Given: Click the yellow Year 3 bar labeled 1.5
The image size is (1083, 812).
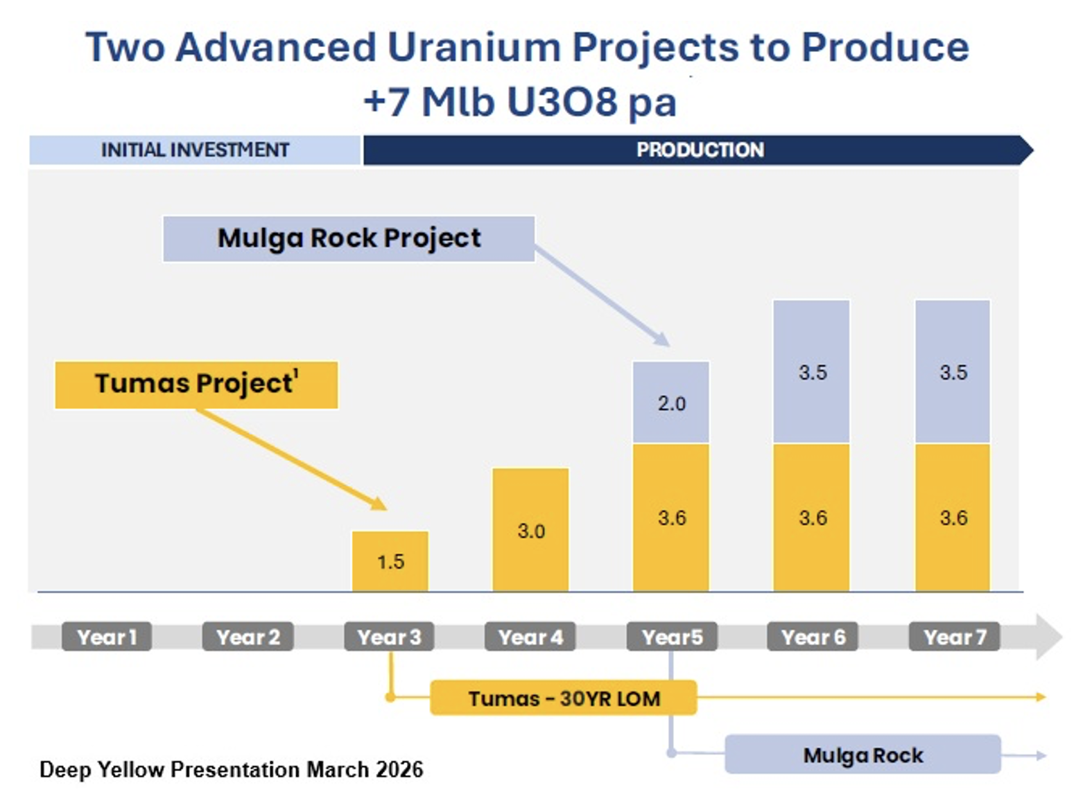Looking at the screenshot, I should [x=390, y=561].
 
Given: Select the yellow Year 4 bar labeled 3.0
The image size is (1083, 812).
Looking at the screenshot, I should [x=530, y=530].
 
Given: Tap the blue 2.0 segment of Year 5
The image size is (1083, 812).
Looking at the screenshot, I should [x=671, y=403].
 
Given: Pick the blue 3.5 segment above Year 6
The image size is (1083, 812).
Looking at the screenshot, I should [x=812, y=372].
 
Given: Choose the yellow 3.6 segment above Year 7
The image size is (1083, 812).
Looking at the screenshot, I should [x=953, y=518].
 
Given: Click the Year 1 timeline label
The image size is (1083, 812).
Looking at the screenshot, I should [x=107, y=637].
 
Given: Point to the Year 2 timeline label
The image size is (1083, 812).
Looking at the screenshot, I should [x=248, y=637].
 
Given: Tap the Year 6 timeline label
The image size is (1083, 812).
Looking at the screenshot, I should [x=813, y=637].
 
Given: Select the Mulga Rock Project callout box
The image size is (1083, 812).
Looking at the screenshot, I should [x=349, y=238].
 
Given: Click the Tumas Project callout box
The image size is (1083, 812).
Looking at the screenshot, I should [x=196, y=385].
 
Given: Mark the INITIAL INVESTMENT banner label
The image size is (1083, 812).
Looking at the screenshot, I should [x=195, y=150].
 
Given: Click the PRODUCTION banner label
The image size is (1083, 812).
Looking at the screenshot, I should [x=700, y=150].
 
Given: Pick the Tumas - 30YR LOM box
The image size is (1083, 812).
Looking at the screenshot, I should [x=563, y=698].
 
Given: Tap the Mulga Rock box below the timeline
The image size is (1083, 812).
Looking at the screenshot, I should [x=863, y=754].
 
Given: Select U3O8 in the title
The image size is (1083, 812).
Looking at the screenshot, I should [x=562, y=102].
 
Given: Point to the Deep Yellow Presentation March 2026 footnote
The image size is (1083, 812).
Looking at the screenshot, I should [x=231, y=769].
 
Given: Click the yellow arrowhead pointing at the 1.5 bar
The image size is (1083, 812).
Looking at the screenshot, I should [x=379, y=504].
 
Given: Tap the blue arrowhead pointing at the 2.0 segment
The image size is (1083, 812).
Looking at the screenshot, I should [x=663, y=339].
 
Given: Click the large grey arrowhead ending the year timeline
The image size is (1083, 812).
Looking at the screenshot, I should [x=1048, y=637].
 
